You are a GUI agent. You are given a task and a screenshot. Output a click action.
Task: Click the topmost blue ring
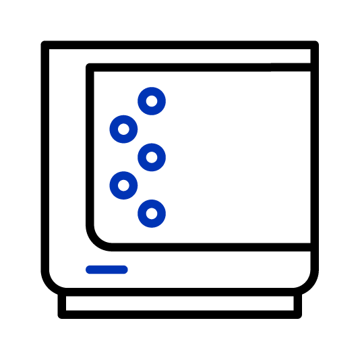coord(152,102)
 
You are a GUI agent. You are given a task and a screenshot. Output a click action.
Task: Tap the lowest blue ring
coord(152,214)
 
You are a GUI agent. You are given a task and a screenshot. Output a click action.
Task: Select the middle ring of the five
coord(152,158)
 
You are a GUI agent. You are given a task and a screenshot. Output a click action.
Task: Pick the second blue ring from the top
coord(123,128)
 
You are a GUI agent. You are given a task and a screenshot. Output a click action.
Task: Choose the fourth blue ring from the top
coord(123,184)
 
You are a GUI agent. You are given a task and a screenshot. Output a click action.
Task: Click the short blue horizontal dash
coord(107,270)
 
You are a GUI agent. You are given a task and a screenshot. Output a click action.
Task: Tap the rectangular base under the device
coord(179,304)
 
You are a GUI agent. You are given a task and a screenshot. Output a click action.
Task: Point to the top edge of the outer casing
coord(179,44)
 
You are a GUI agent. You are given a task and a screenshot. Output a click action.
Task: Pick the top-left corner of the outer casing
coord(45,45)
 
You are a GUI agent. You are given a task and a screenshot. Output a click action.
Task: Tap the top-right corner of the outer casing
coord(313,45)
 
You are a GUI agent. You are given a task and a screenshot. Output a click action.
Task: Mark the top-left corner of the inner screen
coord(91,67)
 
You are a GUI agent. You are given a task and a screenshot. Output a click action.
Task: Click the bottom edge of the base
coord(179,314)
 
